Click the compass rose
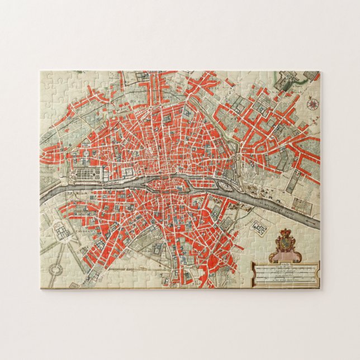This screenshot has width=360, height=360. [312, 102]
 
